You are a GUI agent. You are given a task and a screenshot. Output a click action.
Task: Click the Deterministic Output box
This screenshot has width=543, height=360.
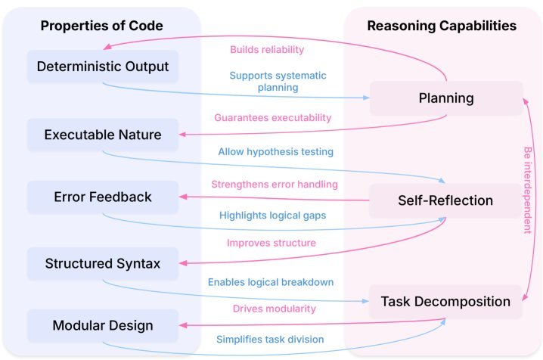pyautogui.click(x=103, y=67)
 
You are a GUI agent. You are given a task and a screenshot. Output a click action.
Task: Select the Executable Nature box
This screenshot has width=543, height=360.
pyautogui.click(x=103, y=135)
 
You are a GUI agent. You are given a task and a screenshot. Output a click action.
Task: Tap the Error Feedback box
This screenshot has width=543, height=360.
pyautogui.click(x=103, y=197)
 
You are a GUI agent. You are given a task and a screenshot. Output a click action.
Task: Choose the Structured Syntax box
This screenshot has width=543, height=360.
pyautogui.click(x=103, y=263)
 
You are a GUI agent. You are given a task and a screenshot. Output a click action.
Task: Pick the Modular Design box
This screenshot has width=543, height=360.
pyautogui.click(x=103, y=325)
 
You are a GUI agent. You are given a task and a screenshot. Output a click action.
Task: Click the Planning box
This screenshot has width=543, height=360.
pyautogui.click(x=446, y=98)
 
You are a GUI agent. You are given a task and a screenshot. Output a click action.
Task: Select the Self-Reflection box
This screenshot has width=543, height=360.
pyautogui.click(x=445, y=200)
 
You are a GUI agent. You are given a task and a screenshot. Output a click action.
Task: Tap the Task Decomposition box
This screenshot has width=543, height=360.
pyautogui.click(x=445, y=302)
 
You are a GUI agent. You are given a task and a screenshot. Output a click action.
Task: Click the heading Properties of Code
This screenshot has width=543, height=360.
pyautogui.click(x=102, y=26)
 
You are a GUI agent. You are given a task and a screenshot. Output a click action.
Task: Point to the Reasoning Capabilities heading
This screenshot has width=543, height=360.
pyautogui.click(x=442, y=26)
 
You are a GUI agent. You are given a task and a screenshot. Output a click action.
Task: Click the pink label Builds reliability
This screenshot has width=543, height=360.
pyautogui.click(x=267, y=50)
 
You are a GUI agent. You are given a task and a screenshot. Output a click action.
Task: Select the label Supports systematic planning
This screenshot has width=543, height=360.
pyautogui.click(x=278, y=82)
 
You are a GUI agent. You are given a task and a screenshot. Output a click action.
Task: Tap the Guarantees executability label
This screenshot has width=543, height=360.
pyautogui.click(x=273, y=118)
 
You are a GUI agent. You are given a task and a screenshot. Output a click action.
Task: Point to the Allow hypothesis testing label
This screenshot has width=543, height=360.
pyautogui.click(x=275, y=151)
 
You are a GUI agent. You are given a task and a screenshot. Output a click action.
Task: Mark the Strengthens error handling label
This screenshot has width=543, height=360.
pyautogui.click(x=275, y=184)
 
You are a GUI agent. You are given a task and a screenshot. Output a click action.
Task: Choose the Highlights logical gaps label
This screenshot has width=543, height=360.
pyautogui.click(x=272, y=216)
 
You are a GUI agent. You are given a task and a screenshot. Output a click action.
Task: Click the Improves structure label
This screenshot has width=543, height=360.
pyautogui.click(x=271, y=243)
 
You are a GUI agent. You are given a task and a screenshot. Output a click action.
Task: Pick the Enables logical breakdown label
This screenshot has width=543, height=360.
pyautogui.click(x=271, y=282)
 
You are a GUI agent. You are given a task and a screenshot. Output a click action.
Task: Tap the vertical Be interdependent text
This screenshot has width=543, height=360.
pyautogui.click(x=527, y=190)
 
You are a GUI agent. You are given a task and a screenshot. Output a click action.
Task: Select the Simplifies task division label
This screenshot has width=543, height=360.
pyautogui.click(x=270, y=340)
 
